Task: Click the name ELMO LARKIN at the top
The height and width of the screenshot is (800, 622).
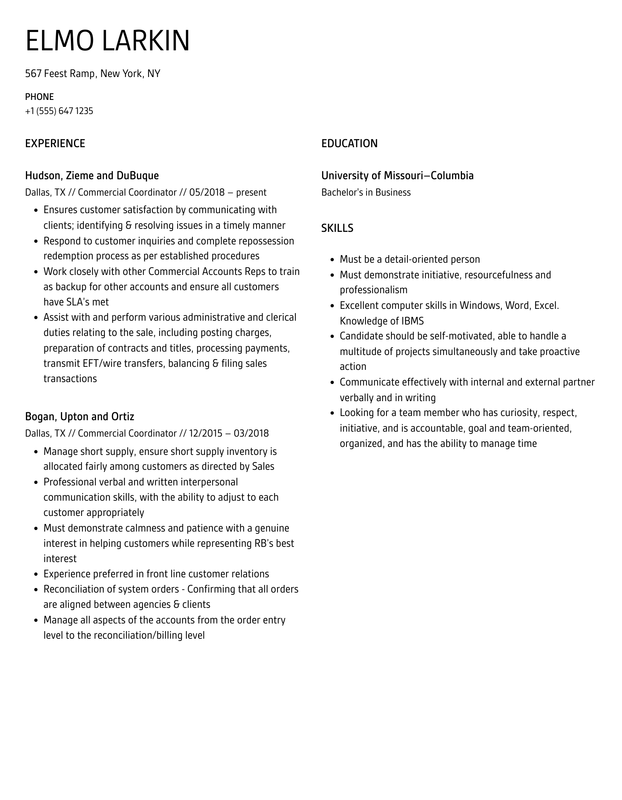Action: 107,40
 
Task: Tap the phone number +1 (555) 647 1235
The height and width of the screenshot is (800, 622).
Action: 59,111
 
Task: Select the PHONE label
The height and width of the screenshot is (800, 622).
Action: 39,97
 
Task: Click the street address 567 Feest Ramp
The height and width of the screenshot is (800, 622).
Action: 60,74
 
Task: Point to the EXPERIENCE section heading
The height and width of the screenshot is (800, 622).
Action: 55,143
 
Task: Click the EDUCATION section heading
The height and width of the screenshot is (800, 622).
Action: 349,143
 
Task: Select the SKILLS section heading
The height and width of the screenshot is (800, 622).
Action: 337,228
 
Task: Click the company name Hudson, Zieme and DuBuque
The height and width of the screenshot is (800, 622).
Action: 92,175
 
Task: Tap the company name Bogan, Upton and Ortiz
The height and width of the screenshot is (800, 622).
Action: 80,416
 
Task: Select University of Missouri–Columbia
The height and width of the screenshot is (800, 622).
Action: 397,175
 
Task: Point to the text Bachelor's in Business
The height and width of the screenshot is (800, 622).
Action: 366,192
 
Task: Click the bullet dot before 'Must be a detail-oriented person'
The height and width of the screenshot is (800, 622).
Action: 332,260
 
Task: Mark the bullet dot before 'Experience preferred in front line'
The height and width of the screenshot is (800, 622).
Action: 36,574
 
